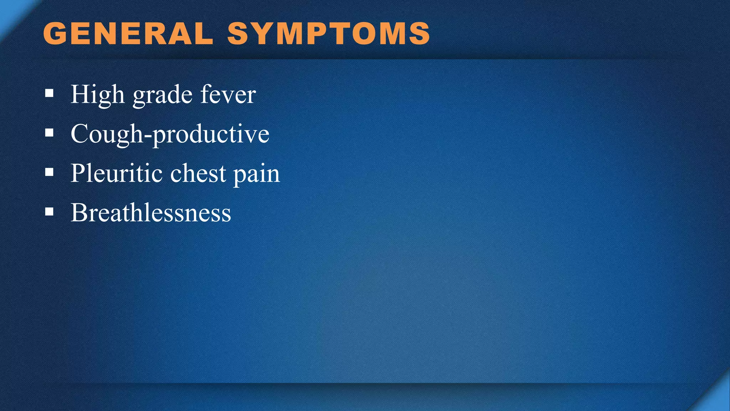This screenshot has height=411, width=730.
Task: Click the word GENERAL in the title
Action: (128, 34)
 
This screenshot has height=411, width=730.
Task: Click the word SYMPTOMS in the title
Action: (329, 34)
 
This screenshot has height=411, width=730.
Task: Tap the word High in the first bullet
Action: (97, 95)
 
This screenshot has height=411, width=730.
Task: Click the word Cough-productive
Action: (170, 134)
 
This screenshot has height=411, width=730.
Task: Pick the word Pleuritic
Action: (117, 173)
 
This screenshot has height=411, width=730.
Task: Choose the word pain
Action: (257, 175)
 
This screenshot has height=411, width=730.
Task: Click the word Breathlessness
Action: (151, 213)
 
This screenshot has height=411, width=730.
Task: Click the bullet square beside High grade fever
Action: (50, 94)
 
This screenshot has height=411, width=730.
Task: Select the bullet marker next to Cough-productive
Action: (50, 133)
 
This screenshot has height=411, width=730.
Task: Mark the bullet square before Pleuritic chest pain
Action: (50, 173)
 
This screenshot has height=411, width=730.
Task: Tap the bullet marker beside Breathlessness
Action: (50, 212)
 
